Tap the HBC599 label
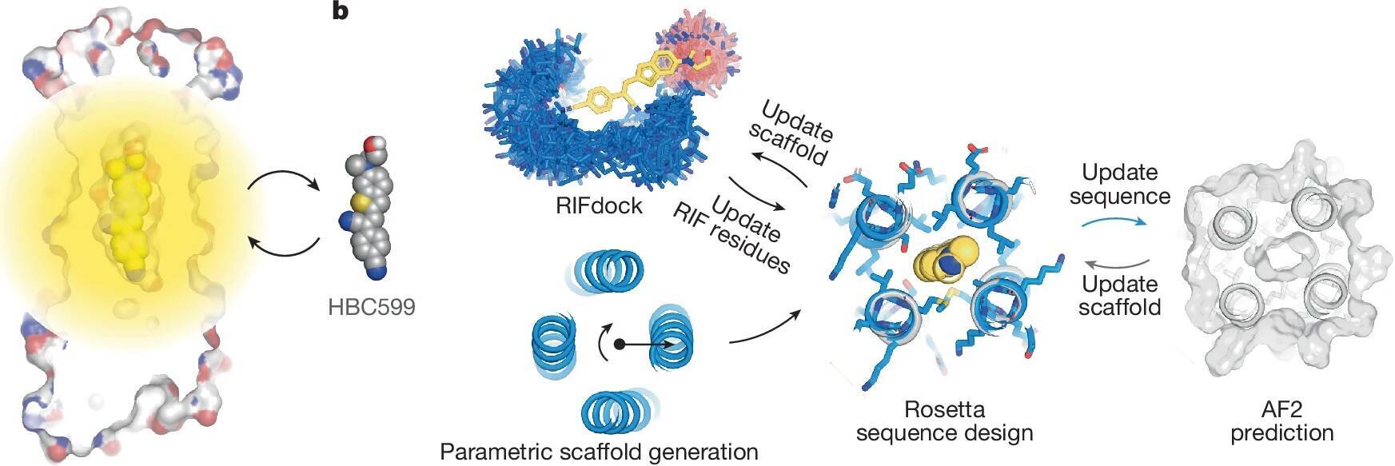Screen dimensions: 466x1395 (x=371, y=306)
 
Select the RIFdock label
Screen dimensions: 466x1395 (x=599, y=206)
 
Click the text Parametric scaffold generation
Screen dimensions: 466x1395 (x=599, y=451)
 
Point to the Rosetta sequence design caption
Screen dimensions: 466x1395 (x=944, y=421)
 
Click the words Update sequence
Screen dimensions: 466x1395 (x=1118, y=185)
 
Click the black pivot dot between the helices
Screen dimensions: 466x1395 (x=618, y=345)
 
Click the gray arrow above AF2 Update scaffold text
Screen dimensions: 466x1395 (x=1116, y=263)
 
